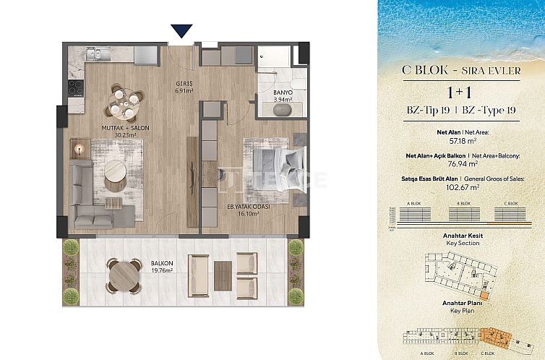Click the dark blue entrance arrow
pos(181,30)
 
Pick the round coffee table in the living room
pos(116,172)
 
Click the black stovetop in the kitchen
pos(76,87)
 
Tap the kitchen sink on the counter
pos(94,53)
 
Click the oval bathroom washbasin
pos(282,111)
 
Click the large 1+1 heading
pos(460,93)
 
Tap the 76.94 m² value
pos(460,163)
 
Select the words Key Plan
pos(460,309)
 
